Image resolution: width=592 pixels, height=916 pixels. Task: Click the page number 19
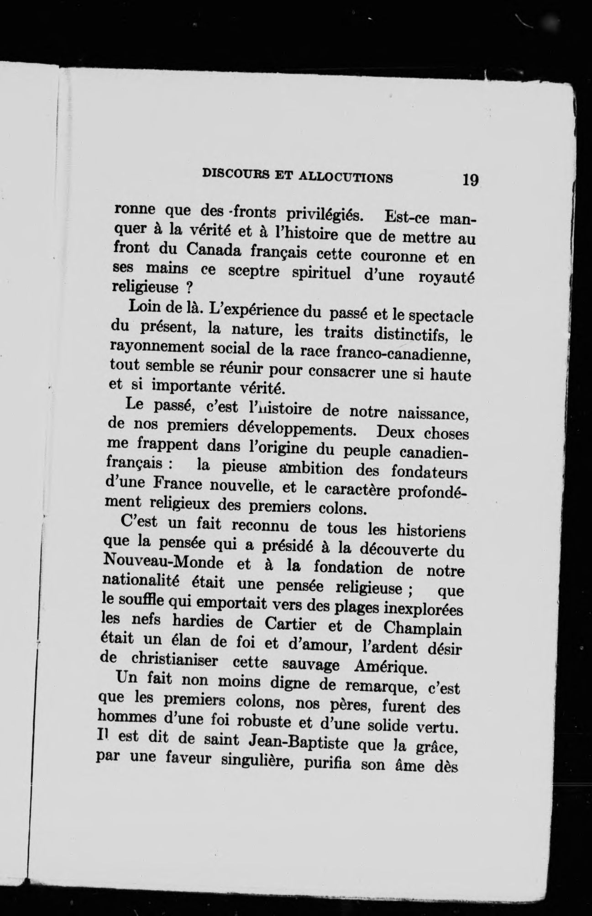tap(470, 179)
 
